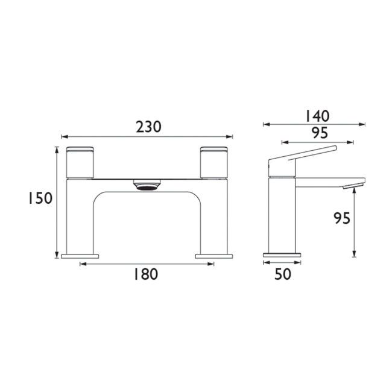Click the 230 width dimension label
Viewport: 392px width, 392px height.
[148, 127]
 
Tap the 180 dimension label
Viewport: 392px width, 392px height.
[145, 274]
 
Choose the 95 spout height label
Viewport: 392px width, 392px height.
[342, 218]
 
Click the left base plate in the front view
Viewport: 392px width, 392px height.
[79, 256]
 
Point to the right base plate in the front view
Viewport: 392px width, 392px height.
[214, 256]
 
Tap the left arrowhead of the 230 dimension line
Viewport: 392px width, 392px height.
[65, 136]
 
